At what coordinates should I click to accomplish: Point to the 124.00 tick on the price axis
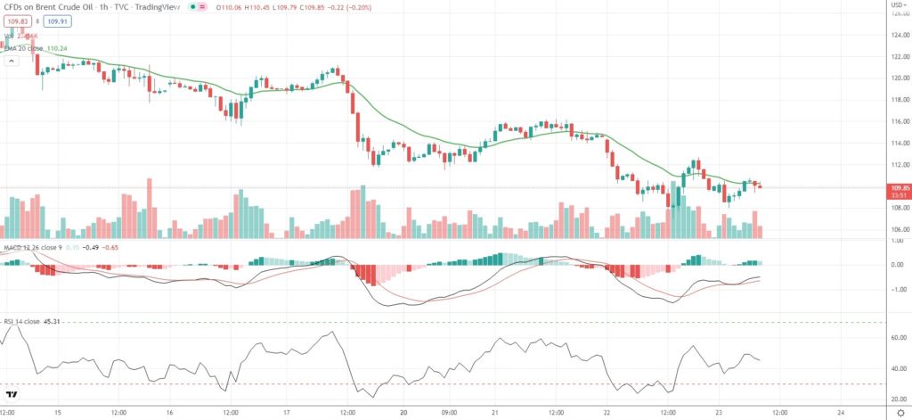pos(899,36)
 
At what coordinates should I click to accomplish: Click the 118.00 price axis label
pos(899,100)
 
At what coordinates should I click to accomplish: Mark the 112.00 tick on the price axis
pos(899,165)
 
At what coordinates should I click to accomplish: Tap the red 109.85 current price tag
pos(898,188)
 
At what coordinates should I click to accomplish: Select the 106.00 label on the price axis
pos(899,229)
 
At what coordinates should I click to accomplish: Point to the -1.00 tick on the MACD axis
pos(899,289)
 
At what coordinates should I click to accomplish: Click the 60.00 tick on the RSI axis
pos(899,338)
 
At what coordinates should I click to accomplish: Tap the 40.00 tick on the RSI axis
pos(899,368)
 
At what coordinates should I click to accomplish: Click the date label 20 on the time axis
pos(404,414)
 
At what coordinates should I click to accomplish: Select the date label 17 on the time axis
pos(288,414)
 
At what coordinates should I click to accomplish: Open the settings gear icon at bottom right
pos(899,414)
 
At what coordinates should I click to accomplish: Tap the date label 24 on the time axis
pos(841,414)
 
